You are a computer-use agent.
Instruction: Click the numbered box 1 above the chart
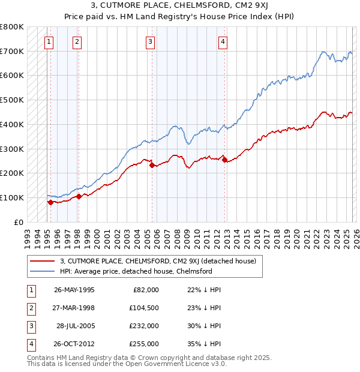(48, 41)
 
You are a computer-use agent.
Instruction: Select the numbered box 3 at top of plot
(149, 41)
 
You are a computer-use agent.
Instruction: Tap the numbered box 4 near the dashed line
(223, 41)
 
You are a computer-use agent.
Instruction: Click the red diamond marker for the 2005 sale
(152, 165)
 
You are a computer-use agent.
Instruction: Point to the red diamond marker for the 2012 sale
(224, 160)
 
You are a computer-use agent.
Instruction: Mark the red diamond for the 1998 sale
(79, 196)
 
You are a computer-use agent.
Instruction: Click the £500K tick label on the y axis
(12, 100)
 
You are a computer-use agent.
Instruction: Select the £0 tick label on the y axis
(19, 222)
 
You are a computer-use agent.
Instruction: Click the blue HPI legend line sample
(43, 271)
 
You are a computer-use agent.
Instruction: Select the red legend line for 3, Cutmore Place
(43, 261)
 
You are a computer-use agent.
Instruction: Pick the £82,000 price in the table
(145, 289)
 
